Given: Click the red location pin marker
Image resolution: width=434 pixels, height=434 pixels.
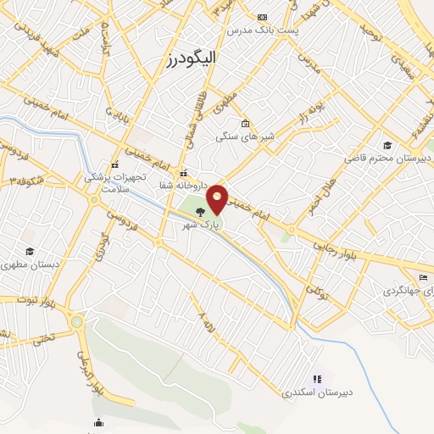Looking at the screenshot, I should (217, 199).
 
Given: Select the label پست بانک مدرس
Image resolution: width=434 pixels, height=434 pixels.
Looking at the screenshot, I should (262, 30).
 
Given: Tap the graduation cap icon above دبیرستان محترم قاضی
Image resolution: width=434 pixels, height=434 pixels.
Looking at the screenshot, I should (388, 144).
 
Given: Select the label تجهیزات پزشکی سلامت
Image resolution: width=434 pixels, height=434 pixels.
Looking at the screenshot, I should (115, 183).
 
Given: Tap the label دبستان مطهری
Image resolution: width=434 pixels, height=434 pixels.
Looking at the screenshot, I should (31, 265).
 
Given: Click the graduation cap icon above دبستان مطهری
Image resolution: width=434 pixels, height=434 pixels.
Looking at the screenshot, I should (31, 252).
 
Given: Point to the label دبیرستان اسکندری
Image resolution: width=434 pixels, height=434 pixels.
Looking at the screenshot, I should (317, 392).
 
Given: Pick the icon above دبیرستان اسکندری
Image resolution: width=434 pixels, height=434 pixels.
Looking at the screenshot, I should (317, 379).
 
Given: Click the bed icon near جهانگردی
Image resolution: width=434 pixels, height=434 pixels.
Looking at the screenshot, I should (424, 277).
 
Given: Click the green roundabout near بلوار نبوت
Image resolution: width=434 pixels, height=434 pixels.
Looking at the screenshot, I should (77, 321).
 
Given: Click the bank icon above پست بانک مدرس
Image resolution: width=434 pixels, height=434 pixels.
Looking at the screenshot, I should (262, 17).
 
